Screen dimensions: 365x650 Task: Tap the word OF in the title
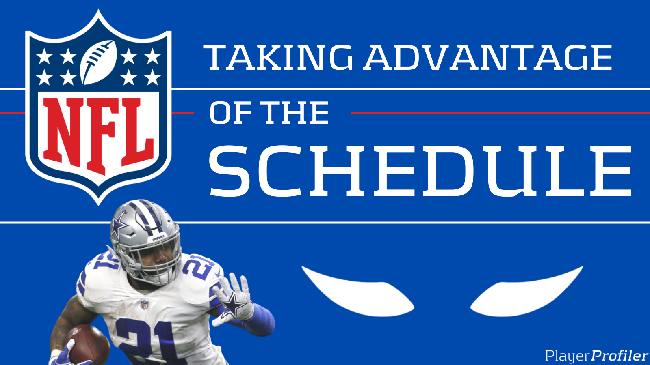(x=230, y=113)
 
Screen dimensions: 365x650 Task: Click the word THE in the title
(x=295, y=113)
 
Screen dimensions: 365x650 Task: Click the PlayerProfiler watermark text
(x=596, y=356)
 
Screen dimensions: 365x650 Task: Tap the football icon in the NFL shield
(x=99, y=62)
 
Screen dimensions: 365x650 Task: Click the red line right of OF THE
(x=500, y=113)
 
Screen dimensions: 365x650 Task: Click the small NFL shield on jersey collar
(x=144, y=304)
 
